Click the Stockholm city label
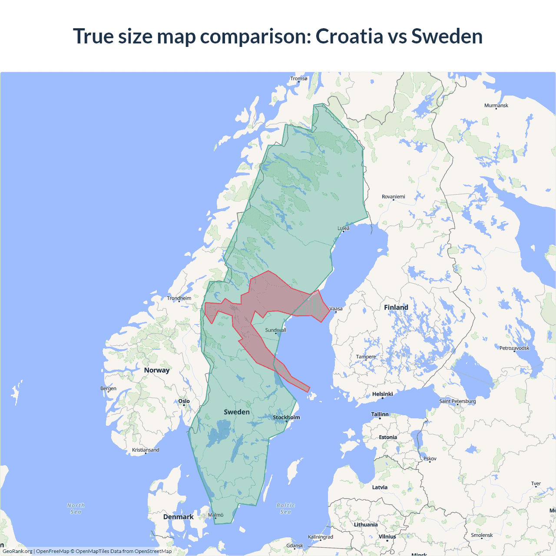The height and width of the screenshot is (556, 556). [286, 417]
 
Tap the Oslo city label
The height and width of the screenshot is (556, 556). [184, 401]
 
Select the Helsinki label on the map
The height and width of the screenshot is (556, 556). [382, 394]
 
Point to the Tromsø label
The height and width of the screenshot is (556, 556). [299, 79]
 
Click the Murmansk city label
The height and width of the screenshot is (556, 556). [496, 106]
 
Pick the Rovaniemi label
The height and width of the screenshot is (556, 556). [393, 197]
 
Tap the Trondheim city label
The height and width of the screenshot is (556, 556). [179, 298]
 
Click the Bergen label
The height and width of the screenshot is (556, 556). [108, 388]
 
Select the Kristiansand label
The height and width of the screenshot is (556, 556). [146, 450]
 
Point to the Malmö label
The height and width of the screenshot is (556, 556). [215, 515]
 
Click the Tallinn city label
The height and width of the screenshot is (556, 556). [380, 414]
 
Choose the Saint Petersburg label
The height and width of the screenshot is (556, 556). [457, 401]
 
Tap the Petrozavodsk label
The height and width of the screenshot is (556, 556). [514, 348]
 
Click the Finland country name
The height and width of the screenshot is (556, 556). [396, 308]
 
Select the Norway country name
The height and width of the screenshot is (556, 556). [157, 370]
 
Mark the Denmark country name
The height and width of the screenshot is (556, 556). [178, 517]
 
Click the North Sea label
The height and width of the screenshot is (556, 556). [76, 509]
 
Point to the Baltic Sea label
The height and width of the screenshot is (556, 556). [285, 509]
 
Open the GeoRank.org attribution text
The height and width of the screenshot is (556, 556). [17, 551]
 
